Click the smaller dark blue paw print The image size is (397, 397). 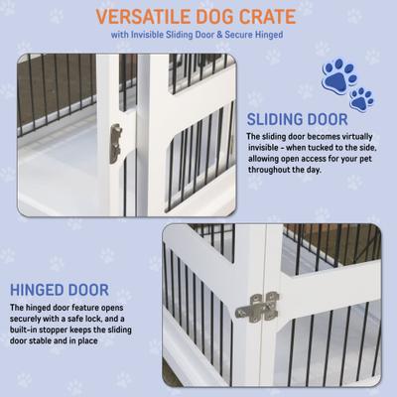362,97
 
